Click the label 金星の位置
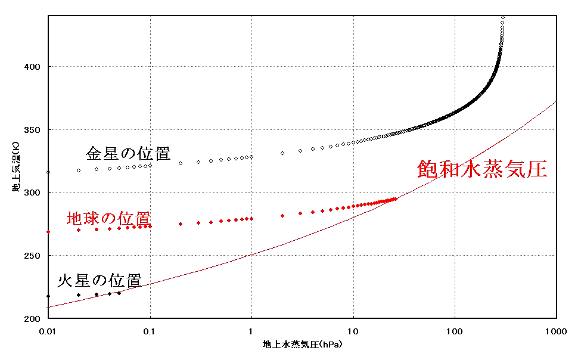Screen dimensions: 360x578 [128, 154]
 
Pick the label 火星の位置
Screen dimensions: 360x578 [99, 280]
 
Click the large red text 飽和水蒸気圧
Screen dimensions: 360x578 [481, 169]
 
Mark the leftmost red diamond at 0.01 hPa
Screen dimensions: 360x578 [48, 232]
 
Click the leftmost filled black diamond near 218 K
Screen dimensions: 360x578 [48, 296]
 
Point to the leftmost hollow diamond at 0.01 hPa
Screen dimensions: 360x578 [48, 172]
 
